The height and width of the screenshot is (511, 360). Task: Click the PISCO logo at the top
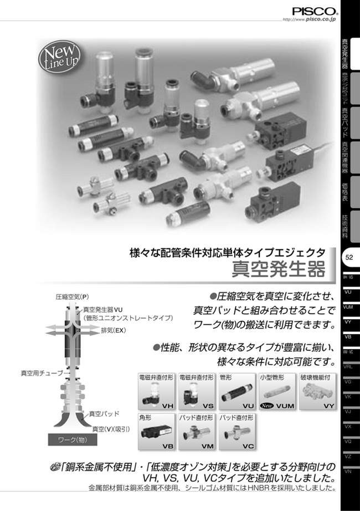(313, 10)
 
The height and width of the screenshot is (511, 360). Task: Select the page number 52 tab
(349, 257)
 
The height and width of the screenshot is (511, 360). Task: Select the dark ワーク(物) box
(70, 441)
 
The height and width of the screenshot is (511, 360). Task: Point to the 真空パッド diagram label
(104, 414)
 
